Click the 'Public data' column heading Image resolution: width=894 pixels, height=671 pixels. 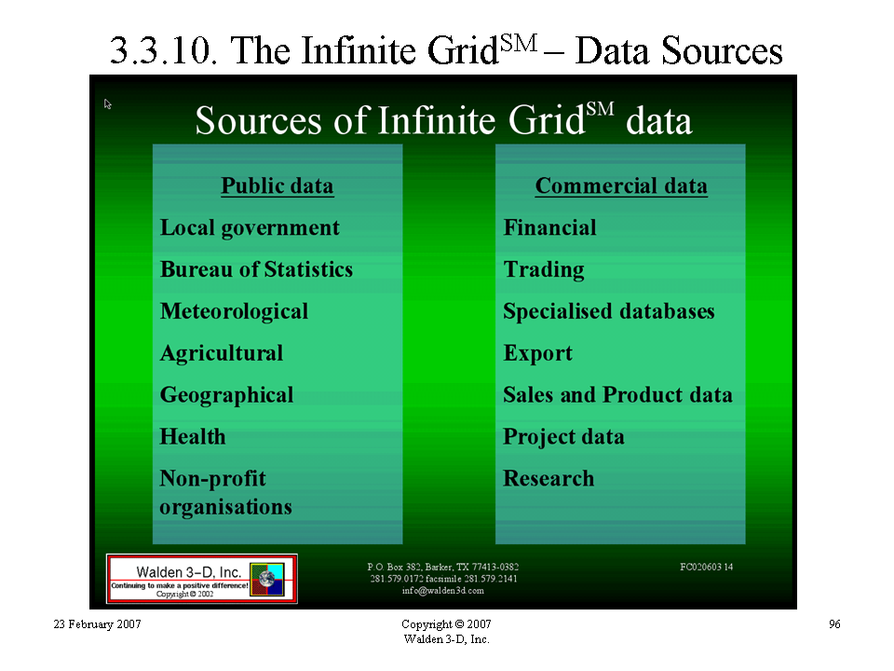[x=278, y=186]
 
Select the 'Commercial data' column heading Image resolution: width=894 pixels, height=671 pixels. [x=621, y=186]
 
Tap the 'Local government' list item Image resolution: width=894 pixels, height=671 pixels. [x=250, y=228]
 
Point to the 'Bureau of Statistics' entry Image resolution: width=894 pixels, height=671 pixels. [x=257, y=269]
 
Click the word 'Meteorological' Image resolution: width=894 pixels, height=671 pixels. [x=235, y=311]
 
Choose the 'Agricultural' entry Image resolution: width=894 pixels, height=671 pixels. [x=222, y=354]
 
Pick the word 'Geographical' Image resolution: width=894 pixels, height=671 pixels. [x=227, y=395]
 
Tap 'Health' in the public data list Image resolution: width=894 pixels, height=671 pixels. [x=193, y=436]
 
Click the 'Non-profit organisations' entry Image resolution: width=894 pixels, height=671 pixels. [x=225, y=492]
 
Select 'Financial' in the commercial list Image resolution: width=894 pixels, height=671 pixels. [x=549, y=227]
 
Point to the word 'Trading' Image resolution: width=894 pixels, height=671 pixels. [x=544, y=270]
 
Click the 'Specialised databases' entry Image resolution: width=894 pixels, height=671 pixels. [x=609, y=311]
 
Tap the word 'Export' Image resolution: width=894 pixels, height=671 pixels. [x=537, y=354]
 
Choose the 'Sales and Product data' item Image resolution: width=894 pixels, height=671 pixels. [x=617, y=395]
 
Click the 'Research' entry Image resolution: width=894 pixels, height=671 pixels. [x=549, y=478]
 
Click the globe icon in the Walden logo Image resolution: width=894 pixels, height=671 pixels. [x=267, y=579]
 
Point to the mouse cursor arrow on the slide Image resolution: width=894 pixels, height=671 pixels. [x=108, y=103]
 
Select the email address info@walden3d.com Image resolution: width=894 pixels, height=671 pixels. [x=443, y=591]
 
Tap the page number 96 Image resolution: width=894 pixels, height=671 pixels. [x=834, y=624]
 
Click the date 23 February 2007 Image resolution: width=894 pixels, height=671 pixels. [x=98, y=624]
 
